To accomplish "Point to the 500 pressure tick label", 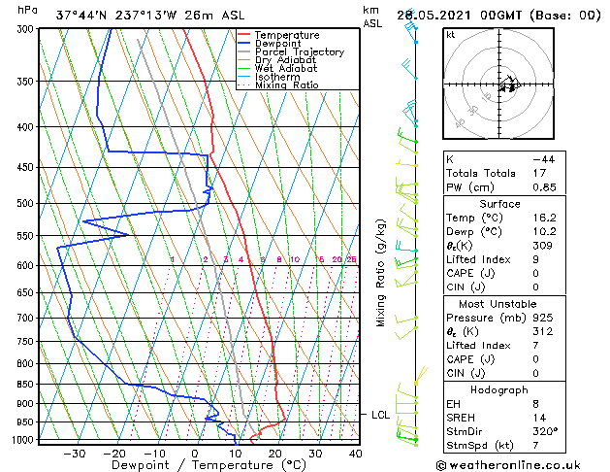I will click(27, 204).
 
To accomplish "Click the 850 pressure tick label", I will click(27, 385).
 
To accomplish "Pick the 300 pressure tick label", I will click(27, 29).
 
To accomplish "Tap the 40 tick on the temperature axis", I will click(355, 453).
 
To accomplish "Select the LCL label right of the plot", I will click(381, 415).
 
